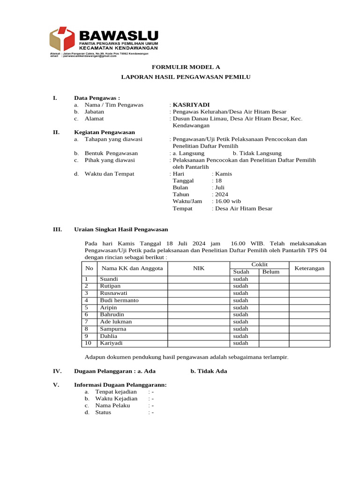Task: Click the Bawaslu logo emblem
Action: pyautogui.click(x=63, y=39)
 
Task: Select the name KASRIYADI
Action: pyautogui.click(x=191, y=105)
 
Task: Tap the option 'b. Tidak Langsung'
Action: pyautogui.click(x=257, y=153)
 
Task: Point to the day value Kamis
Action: pyautogui.click(x=223, y=174)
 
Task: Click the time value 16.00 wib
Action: pyautogui.click(x=228, y=202)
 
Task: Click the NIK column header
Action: pyautogui.click(x=198, y=269)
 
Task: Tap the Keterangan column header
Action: pyautogui.click(x=309, y=269)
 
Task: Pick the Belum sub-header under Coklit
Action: pyautogui.click(x=271, y=272)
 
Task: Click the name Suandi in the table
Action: pyautogui.click(x=109, y=279)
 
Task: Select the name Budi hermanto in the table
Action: pyautogui.click(x=119, y=300)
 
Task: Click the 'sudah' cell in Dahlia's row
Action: pyautogui.click(x=240, y=336)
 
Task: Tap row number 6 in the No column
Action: pyautogui.click(x=87, y=315)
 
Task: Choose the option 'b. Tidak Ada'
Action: pyautogui.click(x=209, y=371)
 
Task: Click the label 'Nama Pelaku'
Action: pyautogui.click(x=112, y=405)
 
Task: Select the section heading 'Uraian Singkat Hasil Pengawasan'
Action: pyautogui.click(x=121, y=230)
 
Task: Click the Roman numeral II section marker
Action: pyautogui.click(x=57, y=133)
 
